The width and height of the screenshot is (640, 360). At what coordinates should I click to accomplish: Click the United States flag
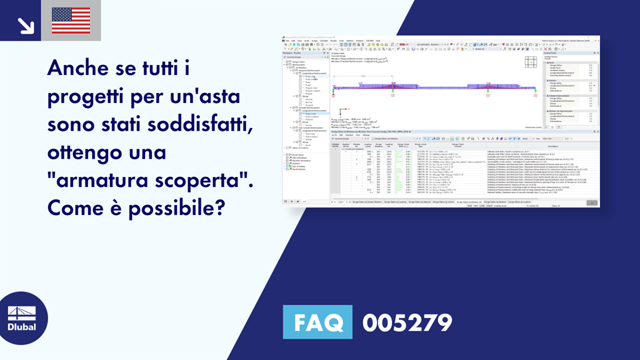click(x=71, y=20)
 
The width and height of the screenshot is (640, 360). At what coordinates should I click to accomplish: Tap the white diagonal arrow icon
click(x=24, y=24)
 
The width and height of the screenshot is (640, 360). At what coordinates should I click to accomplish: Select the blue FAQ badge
click(x=318, y=323)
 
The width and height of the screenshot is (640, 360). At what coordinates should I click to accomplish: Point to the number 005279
click(x=407, y=323)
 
